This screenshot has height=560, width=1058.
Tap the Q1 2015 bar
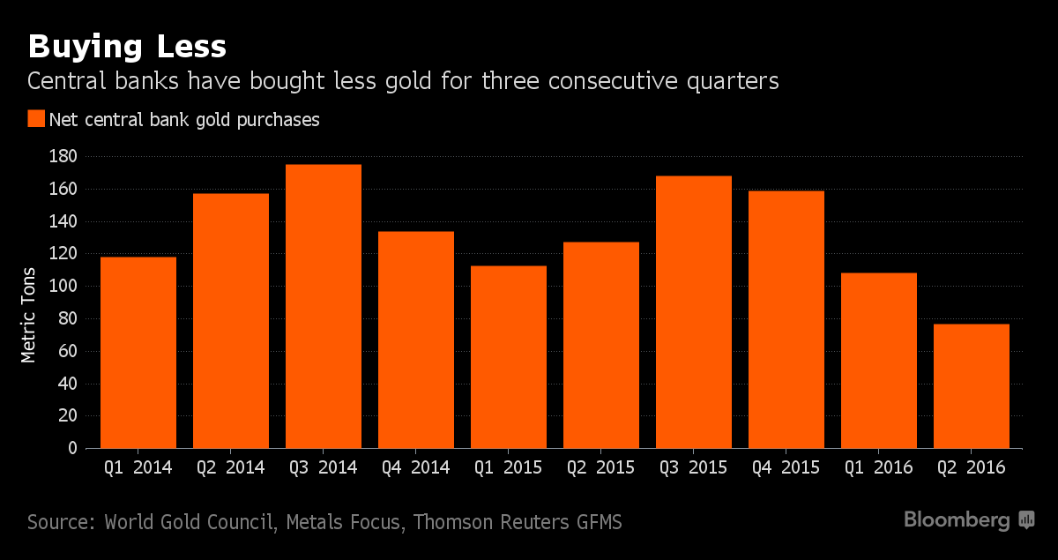(508, 357)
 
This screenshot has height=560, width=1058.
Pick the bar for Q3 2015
(693, 312)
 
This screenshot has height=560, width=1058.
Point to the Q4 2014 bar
(415, 340)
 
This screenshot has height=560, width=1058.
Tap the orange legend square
(36, 120)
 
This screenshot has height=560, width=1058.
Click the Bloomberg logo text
(957, 520)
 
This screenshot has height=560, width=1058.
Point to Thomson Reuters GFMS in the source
(518, 522)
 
